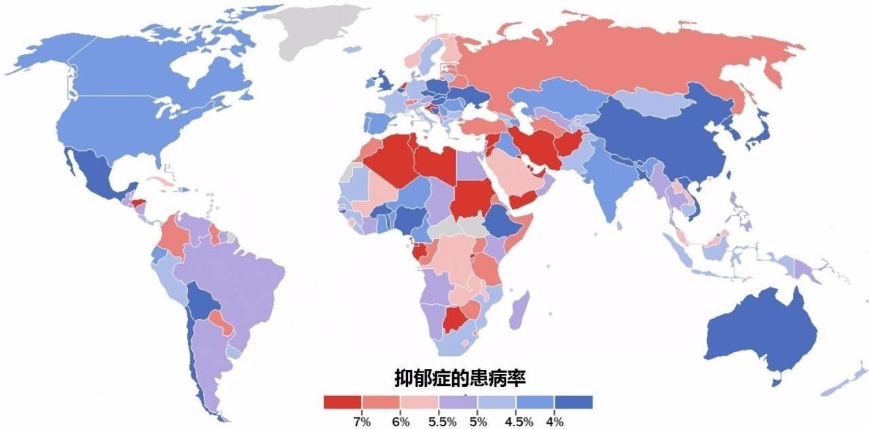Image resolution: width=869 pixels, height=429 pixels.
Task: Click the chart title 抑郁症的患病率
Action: pos(460,377)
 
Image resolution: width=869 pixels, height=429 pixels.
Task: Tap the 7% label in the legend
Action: pos(361,422)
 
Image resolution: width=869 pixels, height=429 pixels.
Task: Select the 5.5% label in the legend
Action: pos(442,422)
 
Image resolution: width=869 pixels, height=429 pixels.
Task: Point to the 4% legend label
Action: pos(555,422)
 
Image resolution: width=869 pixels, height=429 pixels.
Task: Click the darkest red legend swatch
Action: pos(343,403)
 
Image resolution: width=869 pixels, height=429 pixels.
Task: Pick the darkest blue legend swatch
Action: pos(574,403)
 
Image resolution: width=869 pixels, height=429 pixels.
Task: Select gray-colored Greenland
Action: pos(316,31)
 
